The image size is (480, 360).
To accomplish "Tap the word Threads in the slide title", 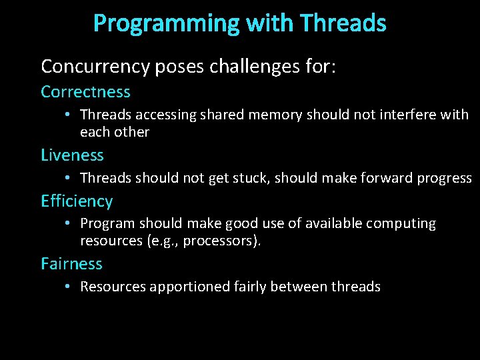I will tap(343, 23).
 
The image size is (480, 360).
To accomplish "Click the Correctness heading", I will tap(85, 91).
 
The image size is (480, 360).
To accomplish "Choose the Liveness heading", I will tap(72, 155).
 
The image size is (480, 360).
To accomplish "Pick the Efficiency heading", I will tap(77, 201).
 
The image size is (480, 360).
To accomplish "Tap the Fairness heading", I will tap(71, 264).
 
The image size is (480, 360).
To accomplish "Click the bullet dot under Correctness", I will tap(69, 115).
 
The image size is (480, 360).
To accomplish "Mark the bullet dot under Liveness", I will tap(69, 178).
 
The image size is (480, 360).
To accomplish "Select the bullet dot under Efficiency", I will tap(69, 223).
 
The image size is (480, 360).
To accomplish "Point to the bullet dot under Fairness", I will tap(69, 287).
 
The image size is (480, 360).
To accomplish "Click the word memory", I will tap(275, 115).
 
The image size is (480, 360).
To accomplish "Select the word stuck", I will tap(251, 178).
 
